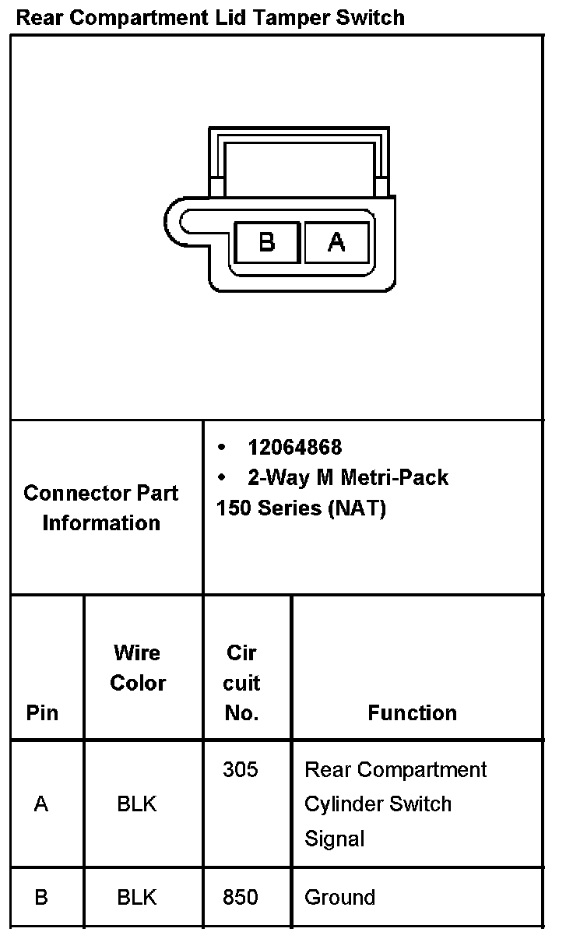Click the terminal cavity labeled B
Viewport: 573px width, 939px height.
click(267, 243)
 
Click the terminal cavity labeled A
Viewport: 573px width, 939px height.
click(336, 243)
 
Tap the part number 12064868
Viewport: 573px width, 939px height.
click(294, 447)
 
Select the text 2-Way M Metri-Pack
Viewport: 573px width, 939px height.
click(347, 477)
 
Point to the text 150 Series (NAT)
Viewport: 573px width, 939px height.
click(301, 508)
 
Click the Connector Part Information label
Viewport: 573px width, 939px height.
click(101, 508)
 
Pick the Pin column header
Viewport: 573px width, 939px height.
click(42, 712)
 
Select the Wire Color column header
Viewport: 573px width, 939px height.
click(138, 667)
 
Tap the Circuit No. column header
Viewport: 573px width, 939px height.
click(241, 682)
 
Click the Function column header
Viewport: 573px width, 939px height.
click(412, 712)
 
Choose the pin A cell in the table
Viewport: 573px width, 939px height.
click(41, 804)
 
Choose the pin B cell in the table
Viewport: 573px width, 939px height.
click(41, 897)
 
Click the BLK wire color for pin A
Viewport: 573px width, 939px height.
click(137, 804)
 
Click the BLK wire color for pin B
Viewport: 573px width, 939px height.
click(137, 897)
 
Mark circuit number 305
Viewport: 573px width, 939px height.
click(240, 769)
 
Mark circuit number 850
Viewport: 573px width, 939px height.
click(240, 897)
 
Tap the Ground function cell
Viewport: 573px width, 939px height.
click(339, 897)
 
